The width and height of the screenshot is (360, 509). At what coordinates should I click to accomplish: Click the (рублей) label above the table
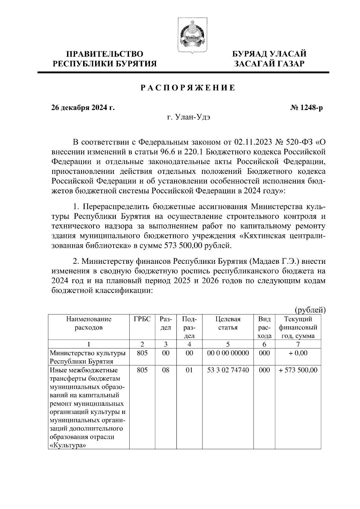(x=310, y=309)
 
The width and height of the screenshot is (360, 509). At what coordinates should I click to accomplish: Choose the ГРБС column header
(x=142, y=319)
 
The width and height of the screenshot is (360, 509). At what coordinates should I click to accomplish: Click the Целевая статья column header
(x=228, y=323)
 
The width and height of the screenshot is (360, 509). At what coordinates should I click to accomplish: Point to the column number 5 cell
(x=228, y=344)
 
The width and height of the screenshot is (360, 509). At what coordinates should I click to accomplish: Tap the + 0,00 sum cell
(x=298, y=353)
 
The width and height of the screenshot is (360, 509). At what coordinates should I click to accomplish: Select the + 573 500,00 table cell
(x=298, y=370)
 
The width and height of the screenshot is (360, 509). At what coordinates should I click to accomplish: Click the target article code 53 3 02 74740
(x=228, y=370)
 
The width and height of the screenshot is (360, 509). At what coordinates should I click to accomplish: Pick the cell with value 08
(x=166, y=370)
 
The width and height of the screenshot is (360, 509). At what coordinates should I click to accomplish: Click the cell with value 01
(x=189, y=370)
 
